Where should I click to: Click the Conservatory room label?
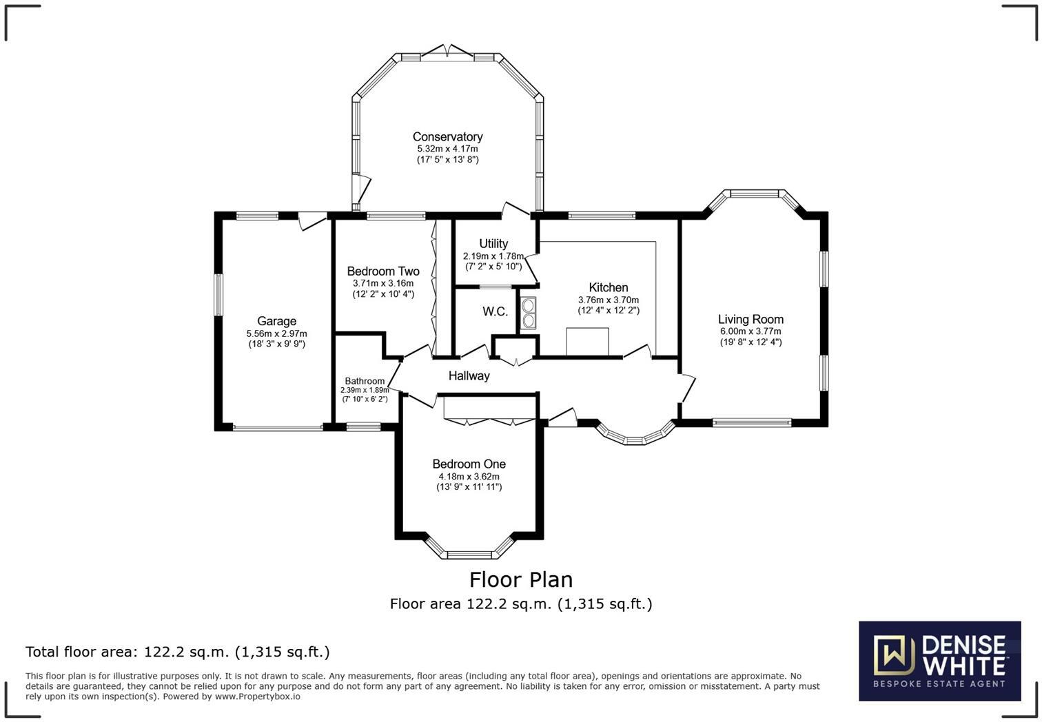[x=447, y=136]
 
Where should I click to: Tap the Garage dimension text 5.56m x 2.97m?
[x=276, y=333]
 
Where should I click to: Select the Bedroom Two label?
[x=383, y=271]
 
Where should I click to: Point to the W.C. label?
[x=495, y=311]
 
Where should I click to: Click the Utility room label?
[x=493, y=243]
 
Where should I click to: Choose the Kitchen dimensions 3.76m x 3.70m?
[x=608, y=300]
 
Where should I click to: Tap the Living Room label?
[x=750, y=319]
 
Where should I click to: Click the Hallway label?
[x=469, y=375]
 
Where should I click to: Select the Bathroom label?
[x=365, y=381]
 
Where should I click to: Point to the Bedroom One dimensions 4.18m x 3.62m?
[x=469, y=476]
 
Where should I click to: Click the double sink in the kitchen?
[x=529, y=312]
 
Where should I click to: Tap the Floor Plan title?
[x=520, y=579]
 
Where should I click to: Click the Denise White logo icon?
[x=894, y=654]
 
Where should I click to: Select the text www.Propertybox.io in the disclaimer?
[x=257, y=697]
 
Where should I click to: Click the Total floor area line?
[x=178, y=652]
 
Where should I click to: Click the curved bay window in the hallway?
[x=635, y=436]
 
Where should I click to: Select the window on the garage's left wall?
[x=218, y=295]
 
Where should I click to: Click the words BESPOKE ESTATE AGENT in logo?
[x=939, y=684]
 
